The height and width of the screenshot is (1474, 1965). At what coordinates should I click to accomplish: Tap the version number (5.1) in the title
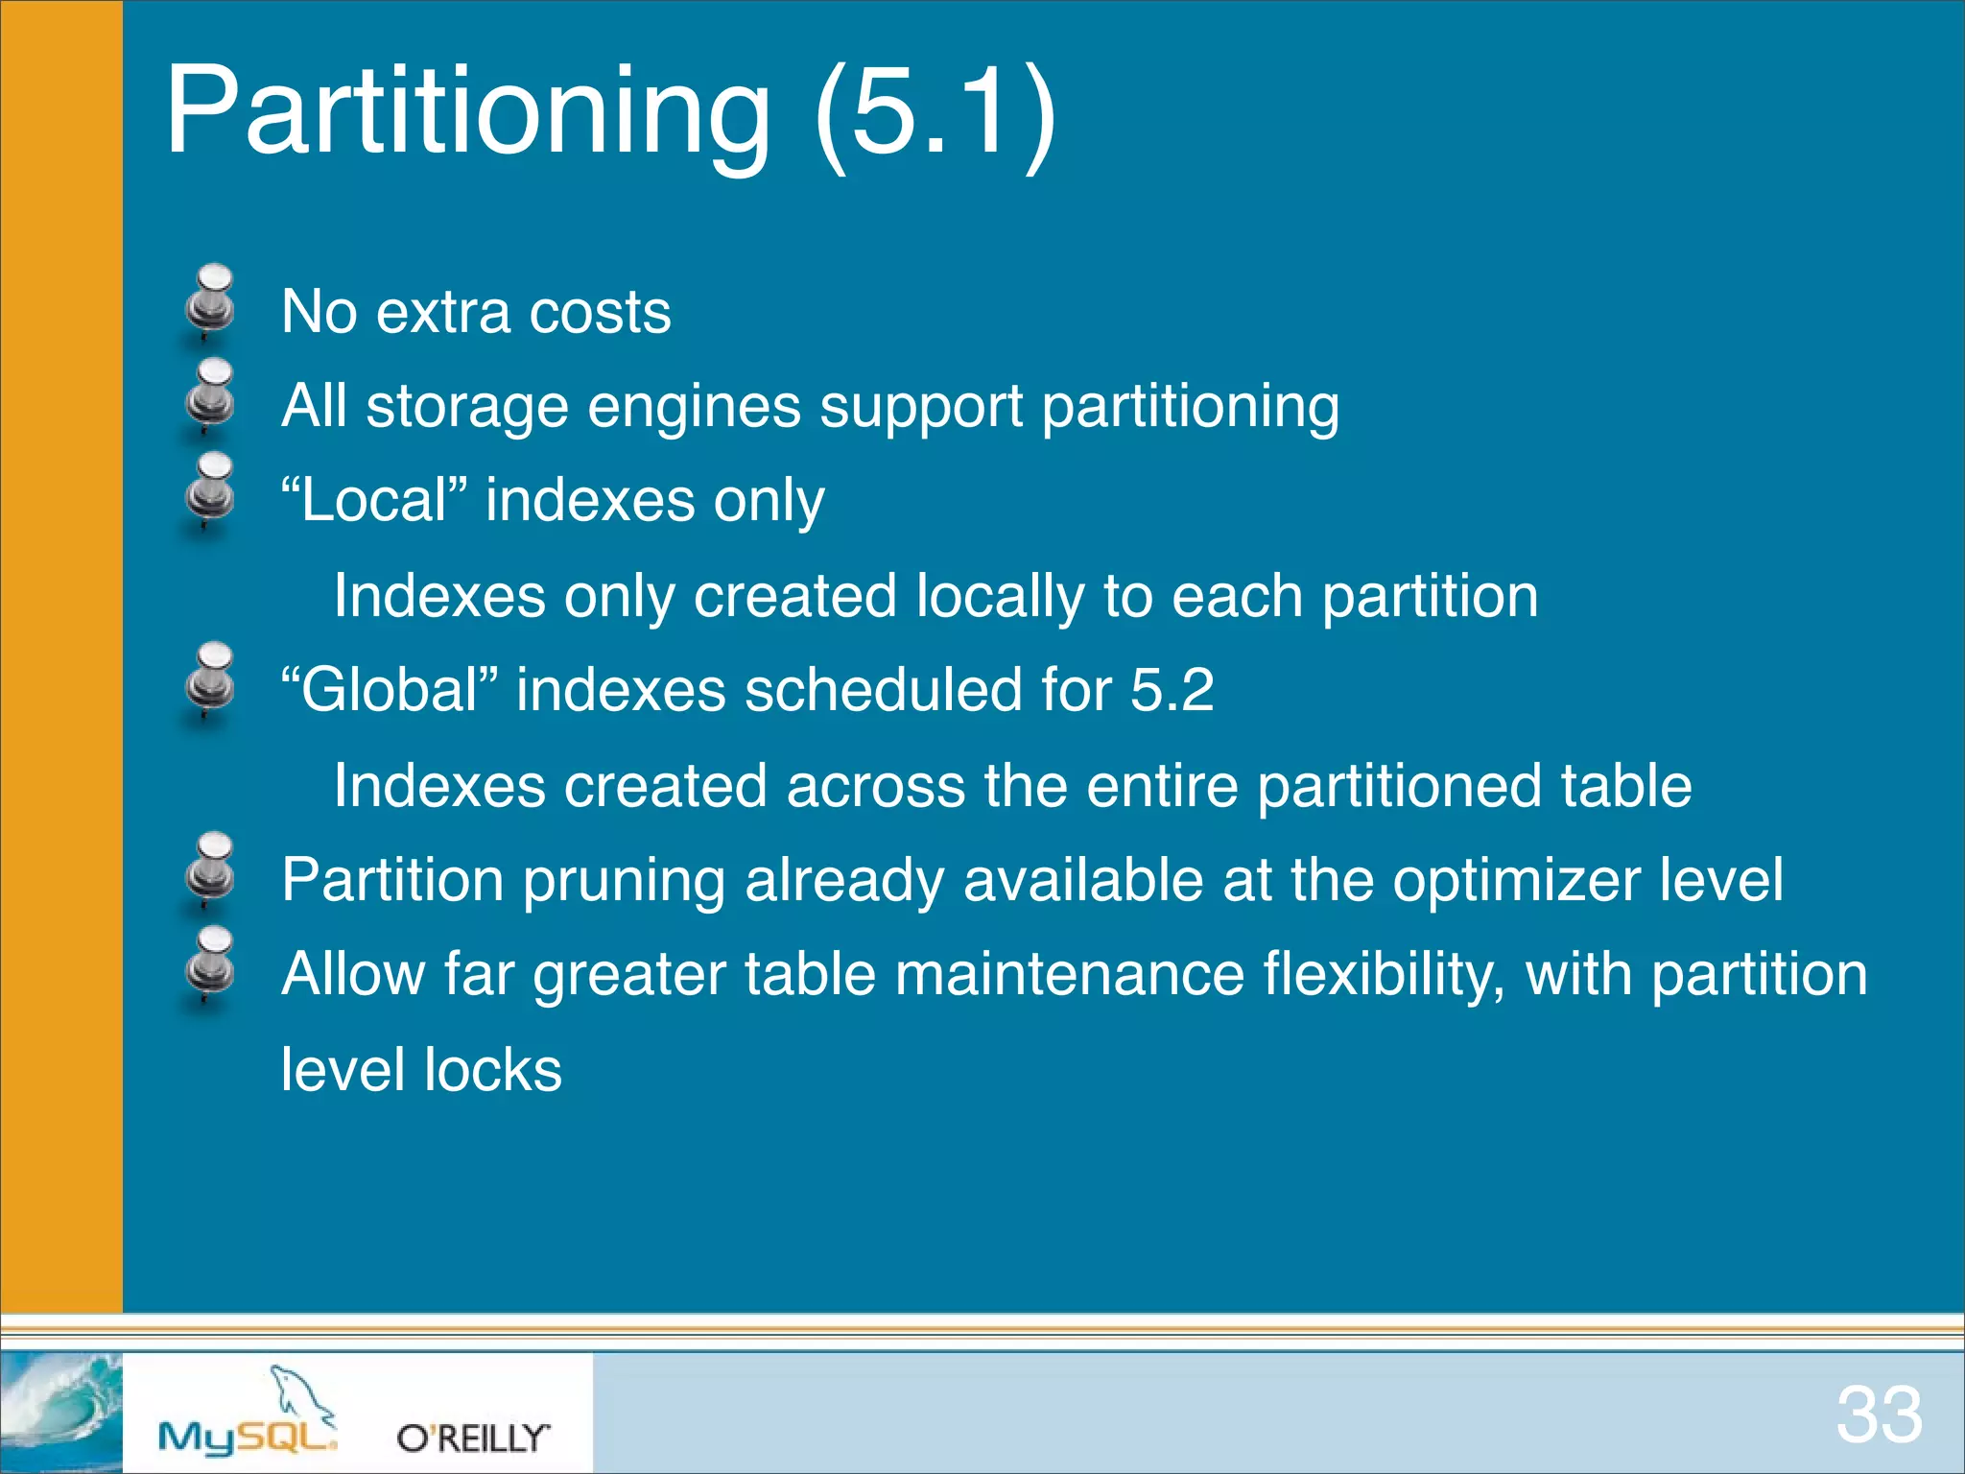pyautogui.click(x=934, y=110)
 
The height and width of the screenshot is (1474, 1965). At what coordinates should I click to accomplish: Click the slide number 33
pyautogui.click(x=1879, y=1415)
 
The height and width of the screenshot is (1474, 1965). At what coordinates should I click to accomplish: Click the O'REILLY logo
pyautogui.click(x=473, y=1438)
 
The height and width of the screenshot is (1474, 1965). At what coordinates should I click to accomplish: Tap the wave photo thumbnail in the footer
pyautogui.click(x=61, y=1412)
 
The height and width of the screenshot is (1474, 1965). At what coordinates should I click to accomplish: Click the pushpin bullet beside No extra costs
pyautogui.click(x=211, y=302)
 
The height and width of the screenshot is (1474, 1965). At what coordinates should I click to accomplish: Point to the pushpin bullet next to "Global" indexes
pyautogui.click(x=211, y=680)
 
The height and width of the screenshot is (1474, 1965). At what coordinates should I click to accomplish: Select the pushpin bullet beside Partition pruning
pyautogui.click(x=211, y=869)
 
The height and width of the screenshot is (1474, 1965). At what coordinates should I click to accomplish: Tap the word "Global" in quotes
pyautogui.click(x=390, y=690)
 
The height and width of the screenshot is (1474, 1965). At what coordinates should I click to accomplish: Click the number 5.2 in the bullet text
pyautogui.click(x=1172, y=690)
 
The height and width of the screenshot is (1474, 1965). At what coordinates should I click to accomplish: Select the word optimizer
pyautogui.click(x=1516, y=880)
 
